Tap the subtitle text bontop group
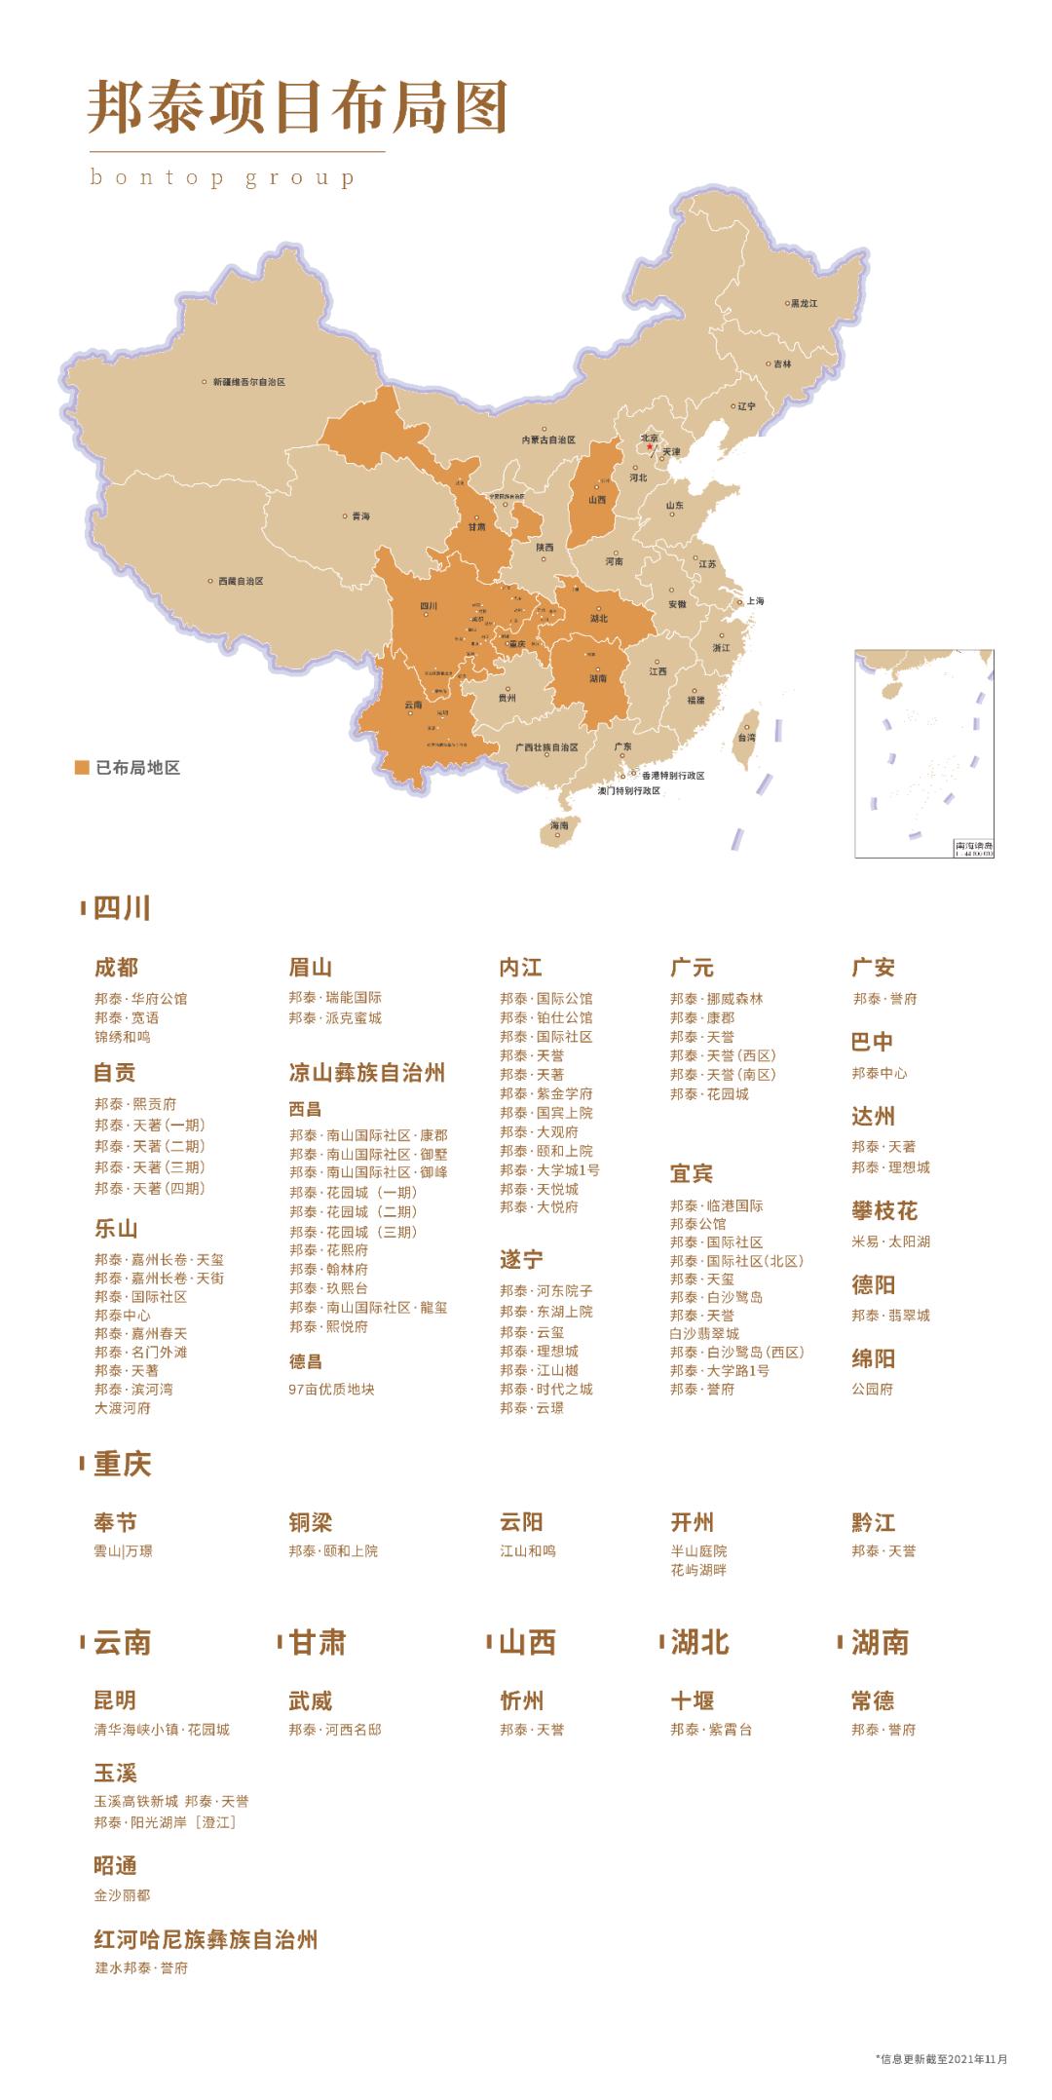point(222,178)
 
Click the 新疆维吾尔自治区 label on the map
point(248,382)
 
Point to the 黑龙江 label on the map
point(804,303)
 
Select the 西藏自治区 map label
point(240,581)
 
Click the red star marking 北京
point(650,446)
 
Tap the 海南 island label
point(558,825)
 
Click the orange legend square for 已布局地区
point(83,768)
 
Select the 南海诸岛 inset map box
point(923,752)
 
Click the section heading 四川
point(122,908)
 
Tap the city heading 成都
point(116,967)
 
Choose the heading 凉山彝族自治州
point(367,1073)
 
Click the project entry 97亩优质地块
point(331,1389)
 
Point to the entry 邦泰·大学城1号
point(549,1169)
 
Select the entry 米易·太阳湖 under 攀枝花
point(890,1241)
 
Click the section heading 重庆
point(122,1464)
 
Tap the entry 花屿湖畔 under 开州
point(698,1570)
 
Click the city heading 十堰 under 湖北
point(693,1701)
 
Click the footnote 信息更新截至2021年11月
point(942,2059)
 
